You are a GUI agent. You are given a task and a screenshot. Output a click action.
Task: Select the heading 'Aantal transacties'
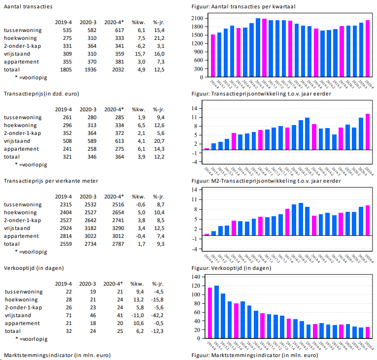point(28,6)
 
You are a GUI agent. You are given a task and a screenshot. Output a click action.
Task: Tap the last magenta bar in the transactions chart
point(367,48)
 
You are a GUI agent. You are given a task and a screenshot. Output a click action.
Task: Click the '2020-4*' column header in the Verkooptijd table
point(113,284)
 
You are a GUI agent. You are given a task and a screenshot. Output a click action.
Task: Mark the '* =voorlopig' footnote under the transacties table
point(31,77)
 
